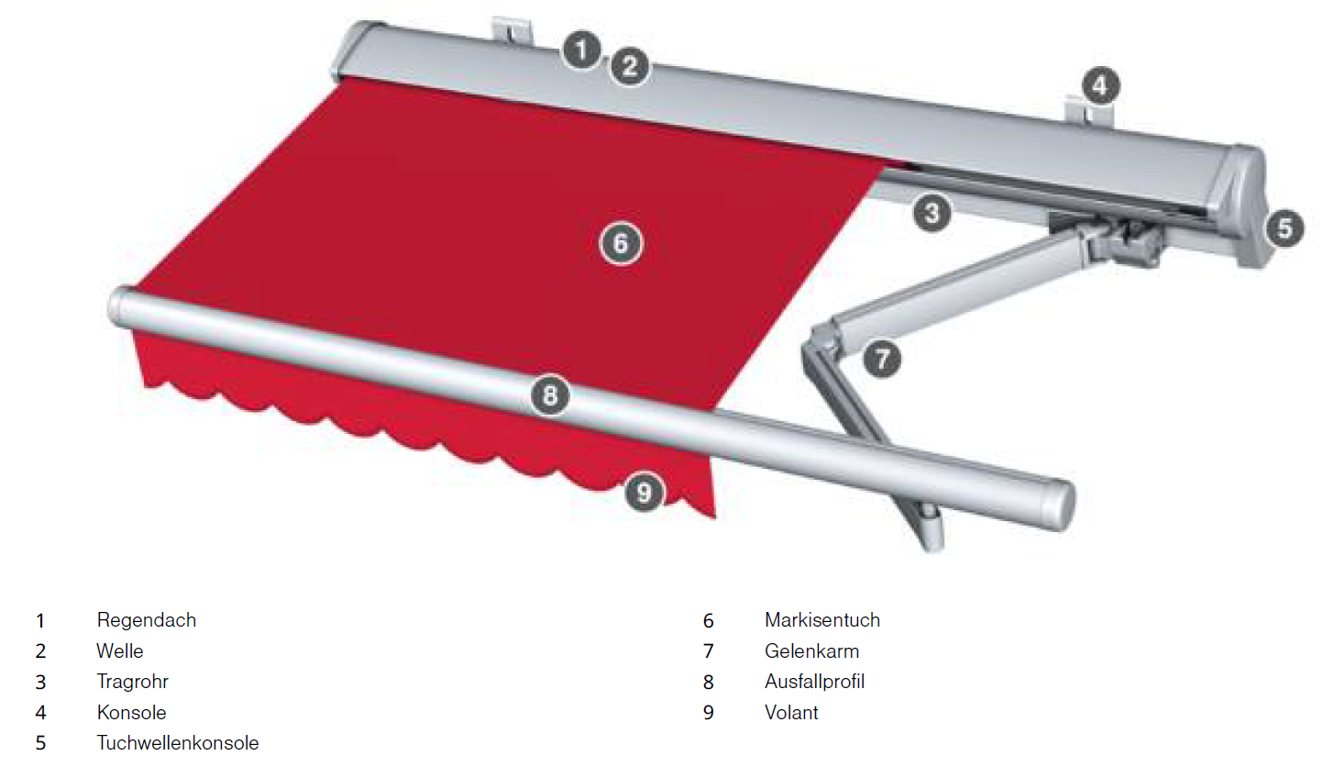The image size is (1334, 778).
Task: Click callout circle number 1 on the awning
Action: pyautogui.click(x=582, y=50)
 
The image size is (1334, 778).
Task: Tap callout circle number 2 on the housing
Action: pyautogui.click(x=630, y=66)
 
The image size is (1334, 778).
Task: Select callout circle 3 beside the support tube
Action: pyautogui.click(x=932, y=213)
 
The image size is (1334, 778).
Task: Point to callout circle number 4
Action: pyautogui.click(x=1100, y=86)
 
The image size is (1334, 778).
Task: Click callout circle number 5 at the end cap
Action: pyautogui.click(x=1284, y=228)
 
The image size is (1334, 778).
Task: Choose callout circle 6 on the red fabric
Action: pyautogui.click(x=621, y=243)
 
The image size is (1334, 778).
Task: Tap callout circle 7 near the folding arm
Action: pyautogui.click(x=882, y=359)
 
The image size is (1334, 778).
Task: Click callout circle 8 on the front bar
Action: pyautogui.click(x=550, y=395)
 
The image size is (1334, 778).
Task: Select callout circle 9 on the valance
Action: pyautogui.click(x=644, y=493)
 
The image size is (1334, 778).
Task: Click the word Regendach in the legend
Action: pyautogui.click(x=147, y=620)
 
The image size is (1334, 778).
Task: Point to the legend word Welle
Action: pyautogui.click(x=120, y=651)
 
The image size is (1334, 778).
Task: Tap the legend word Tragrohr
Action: pyautogui.click(x=133, y=682)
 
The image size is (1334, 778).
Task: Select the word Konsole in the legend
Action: pyautogui.click(x=132, y=713)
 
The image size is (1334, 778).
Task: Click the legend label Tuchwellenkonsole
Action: pyautogui.click(x=178, y=743)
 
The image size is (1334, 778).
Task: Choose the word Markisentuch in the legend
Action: pyautogui.click(x=822, y=620)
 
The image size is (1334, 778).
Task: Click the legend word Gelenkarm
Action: pyautogui.click(x=811, y=651)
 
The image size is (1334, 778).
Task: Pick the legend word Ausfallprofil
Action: pyautogui.click(x=815, y=682)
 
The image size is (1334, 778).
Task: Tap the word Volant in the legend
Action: pyautogui.click(x=791, y=713)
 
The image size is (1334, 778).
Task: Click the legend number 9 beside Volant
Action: pyautogui.click(x=708, y=713)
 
